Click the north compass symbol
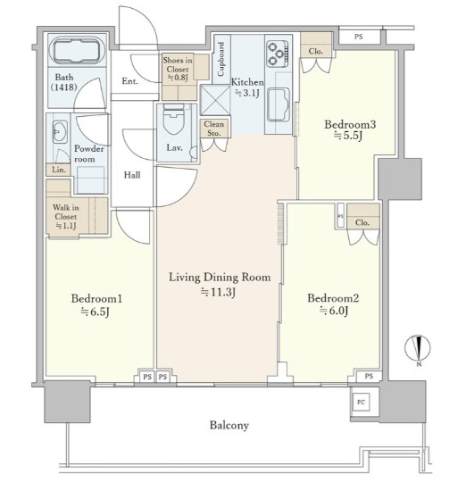(418, 349)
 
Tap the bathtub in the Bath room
(77, 50)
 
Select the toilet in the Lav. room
(174, 120)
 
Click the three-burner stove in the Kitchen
(278, 54)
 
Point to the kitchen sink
(279, 104)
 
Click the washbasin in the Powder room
(60, 132)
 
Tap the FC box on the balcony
(362, 402)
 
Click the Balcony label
(229, 426)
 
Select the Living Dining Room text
(220, 278)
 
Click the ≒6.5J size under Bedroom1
(95, 312)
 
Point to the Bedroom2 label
(333, 298)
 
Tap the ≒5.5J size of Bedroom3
(348, 136)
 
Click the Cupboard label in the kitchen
(221, 59)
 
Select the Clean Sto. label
(214, 129)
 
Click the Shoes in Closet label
(178, 69)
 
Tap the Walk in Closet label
(65, 216)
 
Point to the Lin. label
(58, 170)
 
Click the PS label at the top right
(358, 37)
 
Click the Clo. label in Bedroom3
(316, 51)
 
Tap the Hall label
(132, 175)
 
